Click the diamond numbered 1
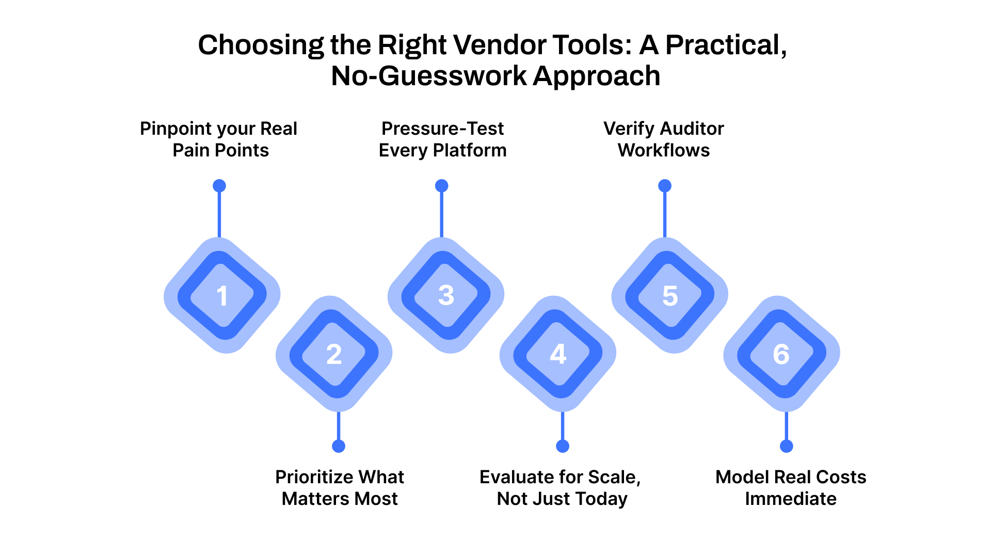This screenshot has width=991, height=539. pyautogui.click(x=222, y=295)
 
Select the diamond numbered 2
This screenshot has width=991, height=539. pyautogui.click(x=334, y=354)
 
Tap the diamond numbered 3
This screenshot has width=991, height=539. pyautogui.click(x=446, y=295)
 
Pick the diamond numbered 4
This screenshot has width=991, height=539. pyautogui.click(x=558, y=354)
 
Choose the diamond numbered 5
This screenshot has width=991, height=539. pyautogui.click(x=670, y=295)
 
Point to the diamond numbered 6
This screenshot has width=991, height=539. pyautogui.click(x=781, y=354)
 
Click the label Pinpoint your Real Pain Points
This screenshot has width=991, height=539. pyautogui.click(x=219, y=139)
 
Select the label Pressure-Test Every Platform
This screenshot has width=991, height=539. pyautogui.click(x=442, y=139)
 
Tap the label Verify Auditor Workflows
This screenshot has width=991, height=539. pyautogui.click(x=664, y=139)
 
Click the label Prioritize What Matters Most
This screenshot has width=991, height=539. pyautogui.click(x=340, y=488)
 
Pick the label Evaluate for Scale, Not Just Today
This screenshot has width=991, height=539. pyautogui.click(x=561, y=488)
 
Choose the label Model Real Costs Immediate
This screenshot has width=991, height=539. pyautogui.click(x=791, y=488)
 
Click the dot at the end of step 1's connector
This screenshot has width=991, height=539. pyautogui.click(x=219, y=186)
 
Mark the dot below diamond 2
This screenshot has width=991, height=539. pyautogui.click(x=339, y=446)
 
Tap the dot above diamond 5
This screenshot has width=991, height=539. pyautogui.click(x=665, y=186)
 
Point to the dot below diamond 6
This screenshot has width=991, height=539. pyautogui.click(x=787, y=446)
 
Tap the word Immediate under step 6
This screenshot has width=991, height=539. pyautogui.click(x=791, y=499)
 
